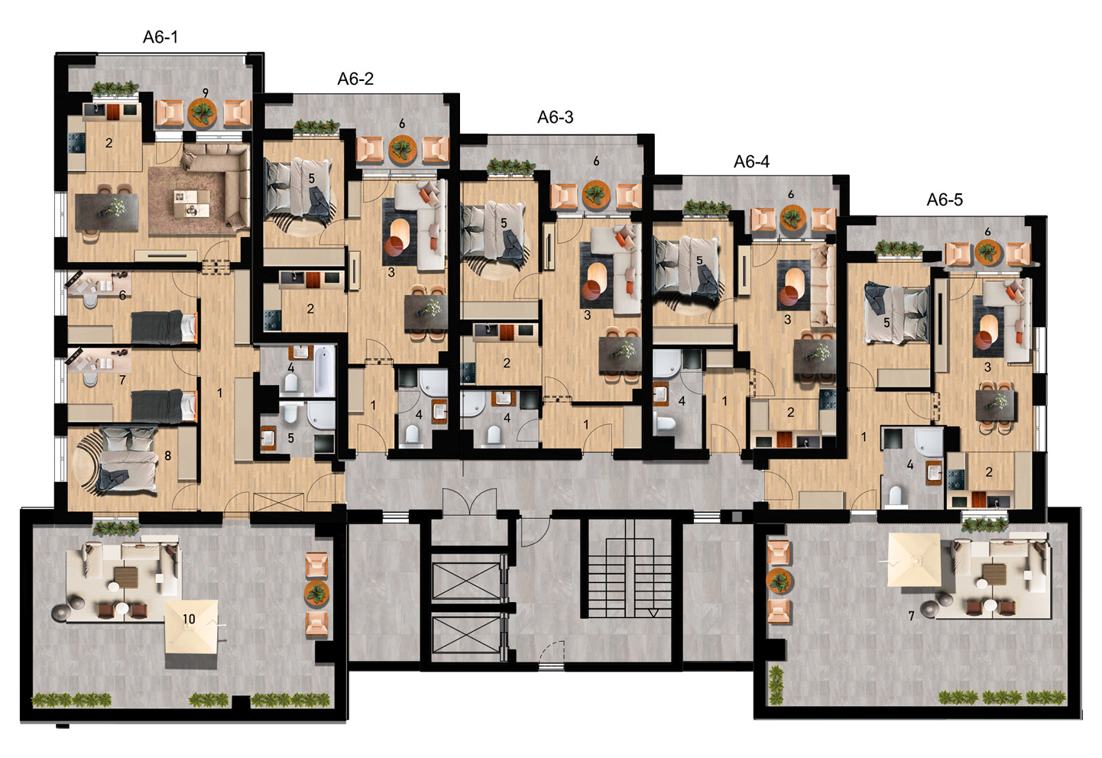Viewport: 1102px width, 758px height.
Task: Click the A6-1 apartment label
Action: coord(160,37)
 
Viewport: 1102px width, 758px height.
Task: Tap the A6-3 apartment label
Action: coord(556,117)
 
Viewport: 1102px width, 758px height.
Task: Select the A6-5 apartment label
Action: coord(945,199)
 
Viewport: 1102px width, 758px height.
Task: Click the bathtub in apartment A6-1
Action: coord(325,371)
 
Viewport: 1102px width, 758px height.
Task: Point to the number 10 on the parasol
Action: coord(189,619)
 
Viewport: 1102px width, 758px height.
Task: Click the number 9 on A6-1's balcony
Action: coord(205,92)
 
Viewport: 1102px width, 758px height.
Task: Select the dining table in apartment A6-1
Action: coord(106,212)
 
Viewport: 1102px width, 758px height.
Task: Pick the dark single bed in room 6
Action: coord(164,327)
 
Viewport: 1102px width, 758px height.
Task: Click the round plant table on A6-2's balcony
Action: coord(403,149)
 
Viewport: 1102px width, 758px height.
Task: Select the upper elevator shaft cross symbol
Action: coord(466,581)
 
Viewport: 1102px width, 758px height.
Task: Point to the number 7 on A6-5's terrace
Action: coord(911,615)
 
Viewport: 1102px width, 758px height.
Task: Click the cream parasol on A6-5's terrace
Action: coord(915,561)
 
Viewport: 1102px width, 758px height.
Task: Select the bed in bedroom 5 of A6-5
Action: coord(896,313)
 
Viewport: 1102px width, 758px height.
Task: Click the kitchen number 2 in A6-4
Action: coord(791,412)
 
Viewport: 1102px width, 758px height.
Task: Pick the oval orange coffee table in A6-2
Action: coord(400,229)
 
